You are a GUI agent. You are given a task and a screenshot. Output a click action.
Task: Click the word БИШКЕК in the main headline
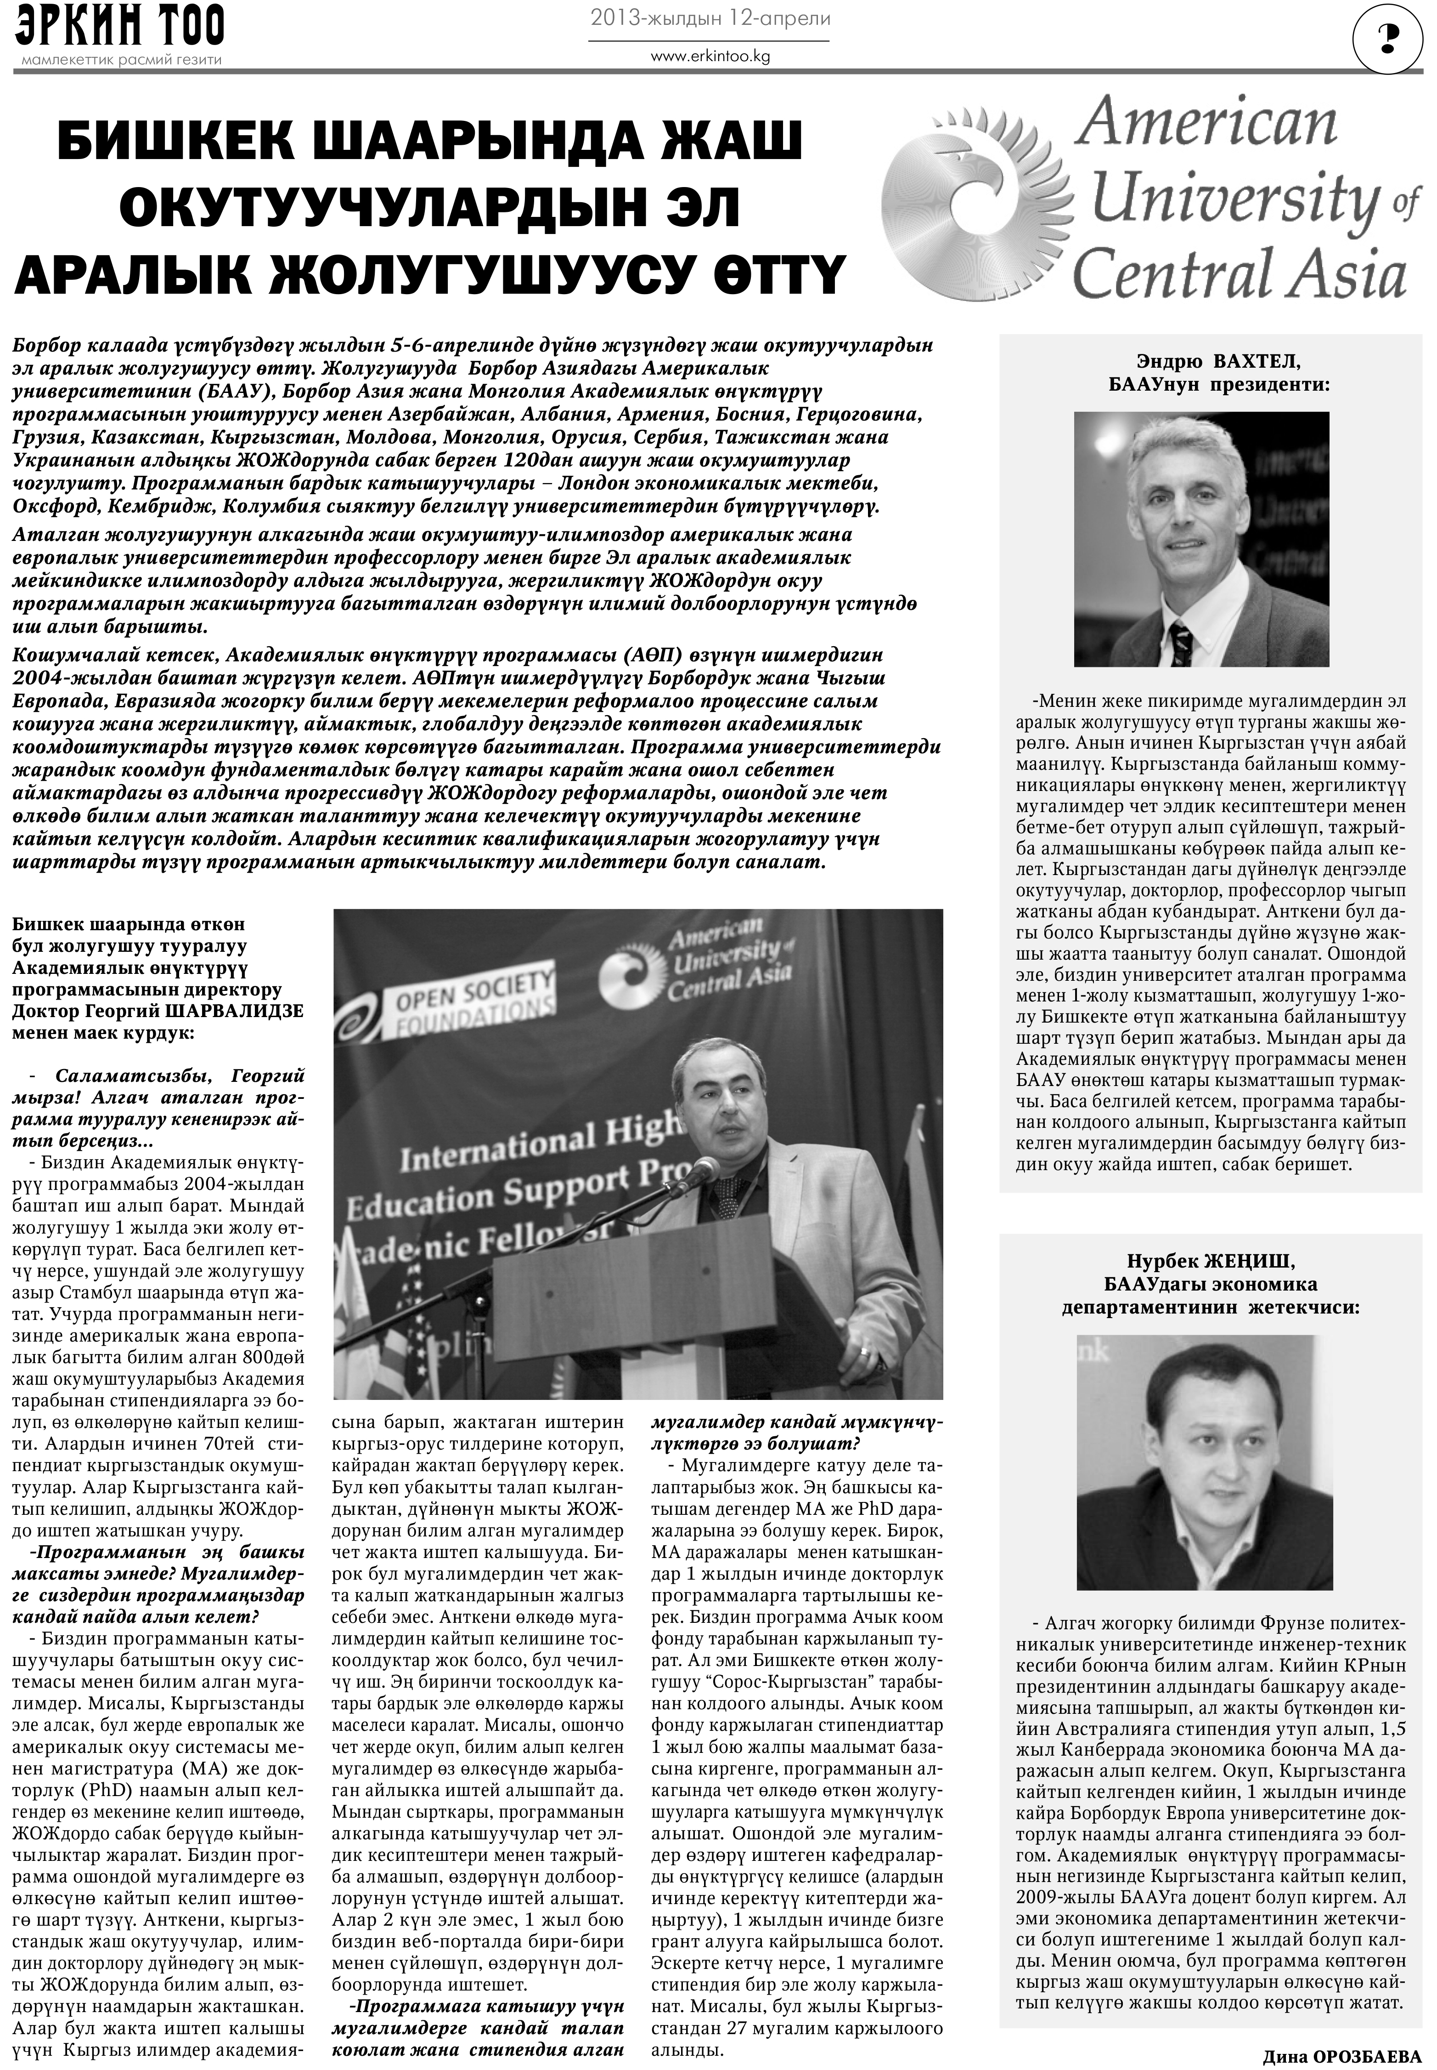click(x=198, y=144)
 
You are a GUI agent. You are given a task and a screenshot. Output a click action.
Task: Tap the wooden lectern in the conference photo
click(x=630, y=1297)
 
